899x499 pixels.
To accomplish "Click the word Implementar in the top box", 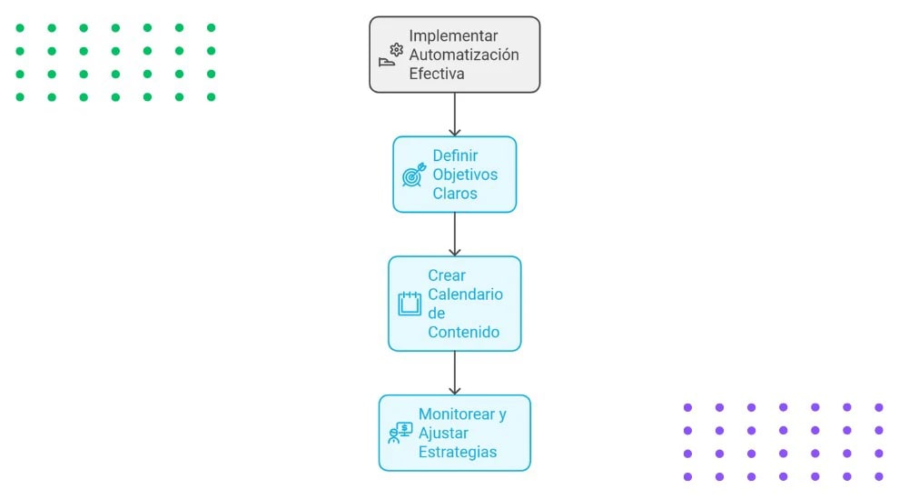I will [453, 35].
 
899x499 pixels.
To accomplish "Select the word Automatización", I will [463, 55].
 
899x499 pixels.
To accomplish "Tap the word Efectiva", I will [436, 74].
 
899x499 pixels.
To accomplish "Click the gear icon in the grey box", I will [396, 50].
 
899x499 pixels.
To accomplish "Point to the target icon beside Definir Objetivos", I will [412, 175].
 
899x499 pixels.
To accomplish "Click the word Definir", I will [455, 155].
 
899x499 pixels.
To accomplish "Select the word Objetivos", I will [465, 175].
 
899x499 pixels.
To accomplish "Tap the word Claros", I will [454, 194].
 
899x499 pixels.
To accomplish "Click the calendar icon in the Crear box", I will [410, 304].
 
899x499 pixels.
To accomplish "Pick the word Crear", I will [446, 275].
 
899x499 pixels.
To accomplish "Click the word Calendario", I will [465, 294].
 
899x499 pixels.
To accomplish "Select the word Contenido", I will [463, 333].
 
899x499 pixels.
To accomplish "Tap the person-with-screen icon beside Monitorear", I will [400, 433].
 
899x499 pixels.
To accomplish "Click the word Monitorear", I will [456, 414].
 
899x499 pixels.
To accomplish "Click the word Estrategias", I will [458, 452].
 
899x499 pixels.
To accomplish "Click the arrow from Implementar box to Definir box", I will [454, 115].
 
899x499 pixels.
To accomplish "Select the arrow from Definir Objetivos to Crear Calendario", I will [454, 235].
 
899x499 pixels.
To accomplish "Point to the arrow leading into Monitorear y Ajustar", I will [454, 373].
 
